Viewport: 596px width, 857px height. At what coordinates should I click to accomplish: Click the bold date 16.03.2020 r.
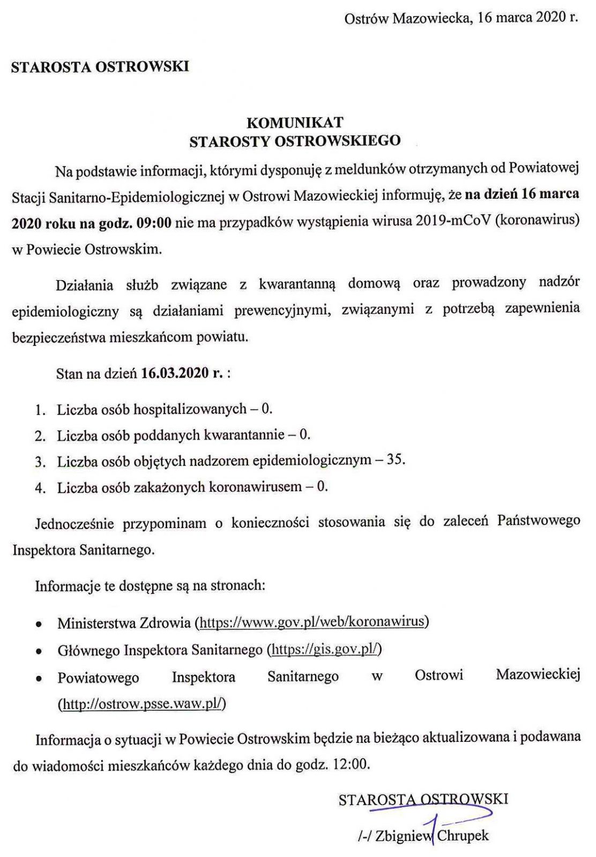pyautogui.click(x=182, y=373)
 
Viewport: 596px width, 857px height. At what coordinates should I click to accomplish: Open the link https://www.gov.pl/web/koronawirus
pyautogui.click(x=312, y=622)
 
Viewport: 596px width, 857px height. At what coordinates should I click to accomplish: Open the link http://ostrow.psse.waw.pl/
pyautogui.click(x=142, y=704)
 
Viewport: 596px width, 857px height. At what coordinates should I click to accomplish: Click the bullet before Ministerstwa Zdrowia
pyautogui.click(x=38, y=625)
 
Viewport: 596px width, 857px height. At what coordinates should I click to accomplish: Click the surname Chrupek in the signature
pyautogui.click(x=463, y=836)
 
